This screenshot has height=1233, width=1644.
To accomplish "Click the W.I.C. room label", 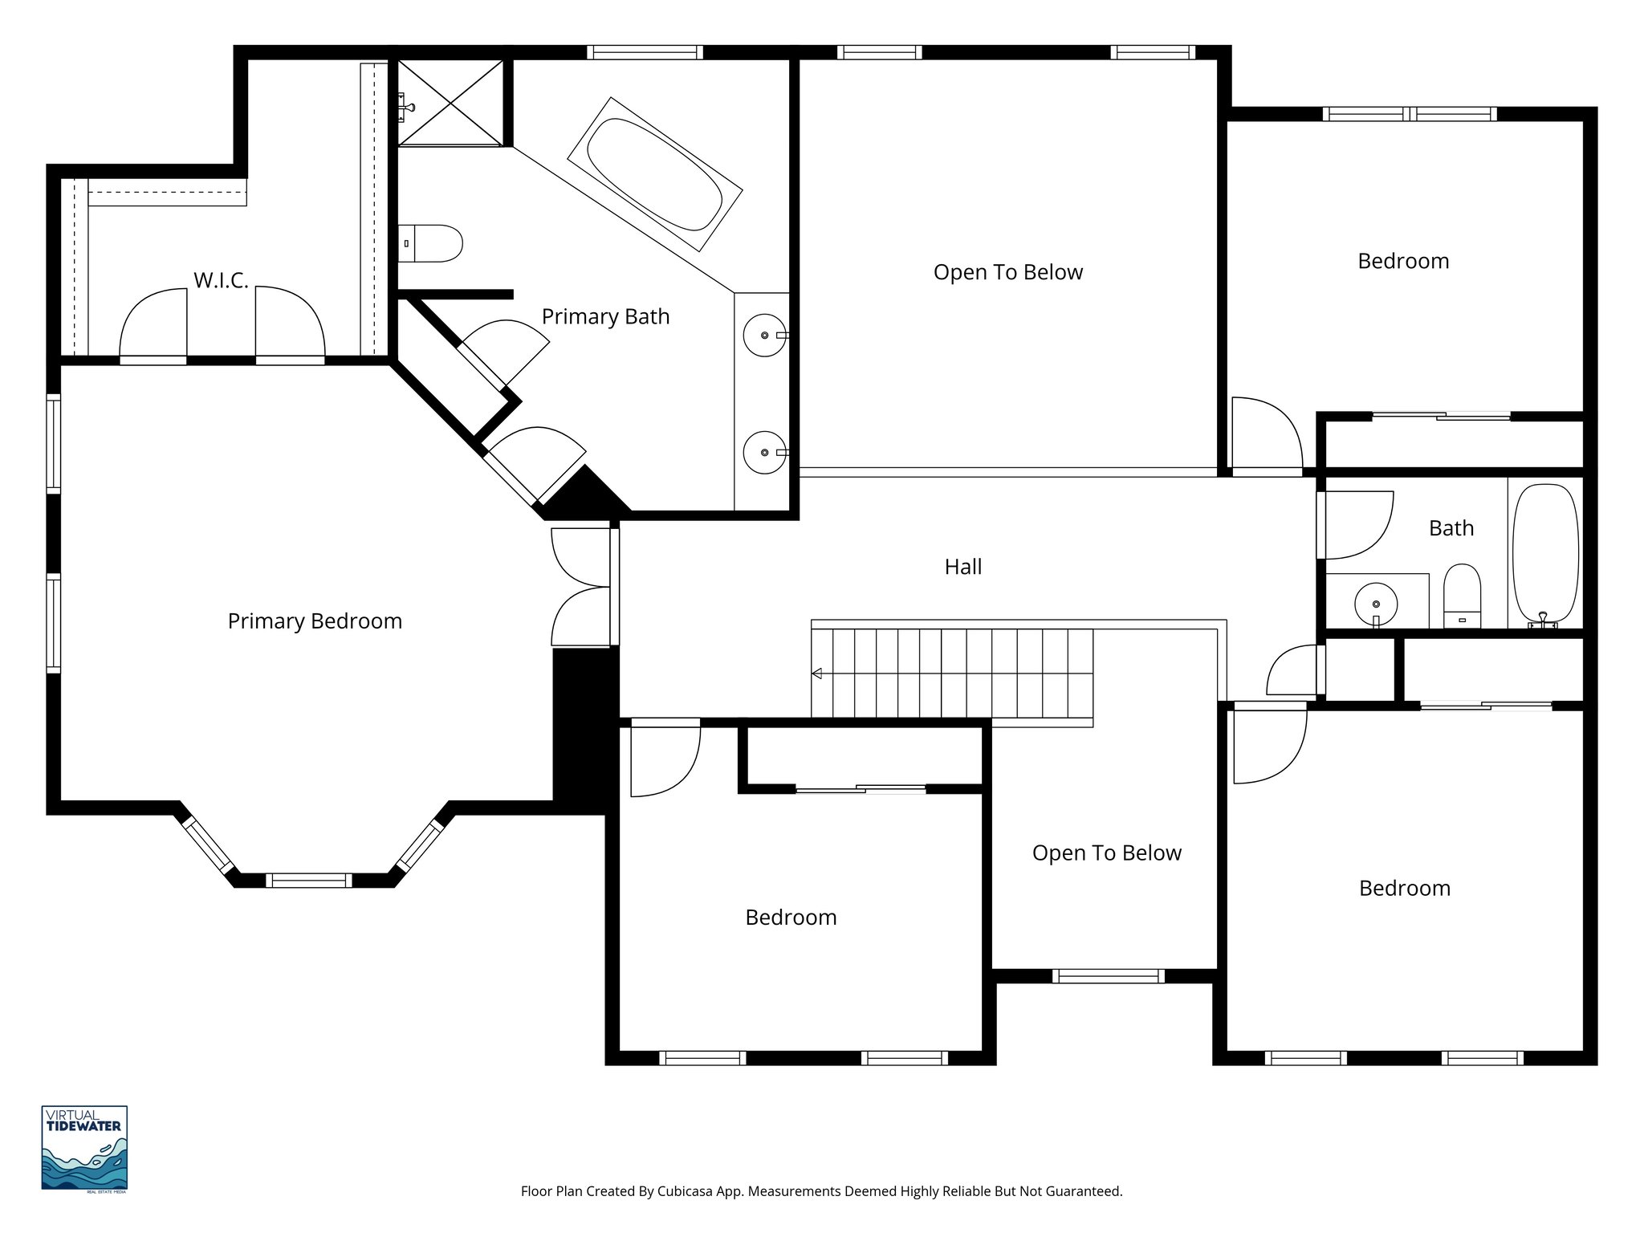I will coord(221,280).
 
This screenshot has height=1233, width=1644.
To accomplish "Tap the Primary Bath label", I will coord(605,316).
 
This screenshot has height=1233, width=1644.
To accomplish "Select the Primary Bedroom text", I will coord(315,621).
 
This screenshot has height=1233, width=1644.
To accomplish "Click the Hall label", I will coord(962,567).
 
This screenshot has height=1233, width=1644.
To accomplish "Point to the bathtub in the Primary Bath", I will coord(654,174).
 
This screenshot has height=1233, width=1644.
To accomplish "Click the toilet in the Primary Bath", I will coord(431,243).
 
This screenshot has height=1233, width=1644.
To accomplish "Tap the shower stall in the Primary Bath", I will coord(450,103).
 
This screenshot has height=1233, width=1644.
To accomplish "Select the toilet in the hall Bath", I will coord(1462,596).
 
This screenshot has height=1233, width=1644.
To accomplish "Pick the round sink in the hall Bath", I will coord(1376,604).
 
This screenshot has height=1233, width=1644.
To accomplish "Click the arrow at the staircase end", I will coord(817,673).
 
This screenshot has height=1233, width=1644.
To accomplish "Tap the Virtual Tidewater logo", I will coord(84,1149).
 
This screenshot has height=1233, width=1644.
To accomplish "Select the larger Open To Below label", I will coord(1007,272).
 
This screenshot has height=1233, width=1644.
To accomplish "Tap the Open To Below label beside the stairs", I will coord(1106,853).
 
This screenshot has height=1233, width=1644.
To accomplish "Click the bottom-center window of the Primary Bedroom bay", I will coord(309,880).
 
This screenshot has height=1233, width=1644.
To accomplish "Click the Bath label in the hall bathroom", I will coord(1451,528).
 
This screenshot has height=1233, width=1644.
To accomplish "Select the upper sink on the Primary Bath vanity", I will coord(764,335).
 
